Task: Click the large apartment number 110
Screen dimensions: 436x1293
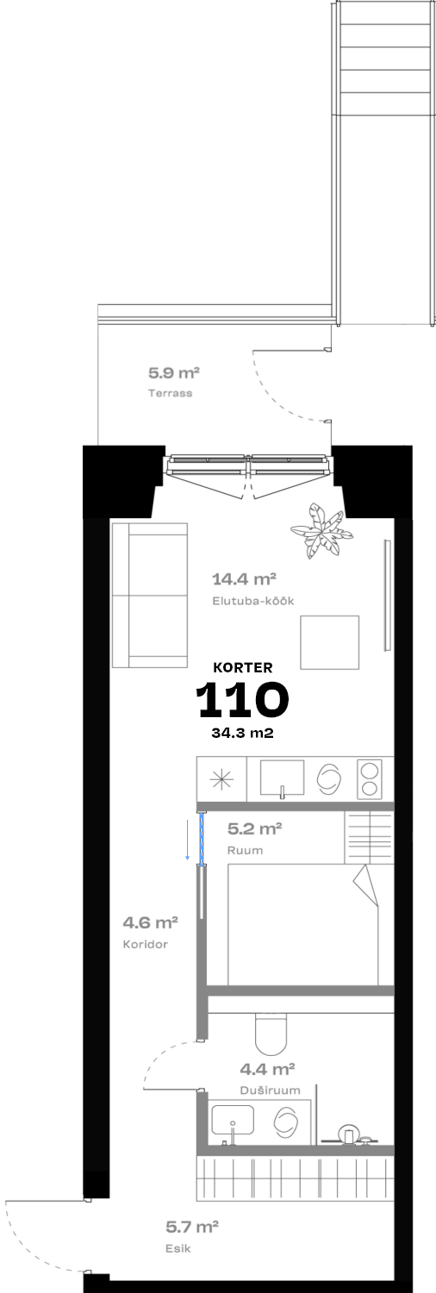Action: (x=242, y=699)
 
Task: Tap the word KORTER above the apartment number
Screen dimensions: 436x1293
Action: (x=243, y=667)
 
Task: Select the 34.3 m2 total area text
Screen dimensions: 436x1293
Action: (x=242, y=733)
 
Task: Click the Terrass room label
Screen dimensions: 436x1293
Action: (x=170, y=393)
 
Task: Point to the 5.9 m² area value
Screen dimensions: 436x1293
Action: (x=174, y=373)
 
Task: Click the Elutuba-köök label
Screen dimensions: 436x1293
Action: (x=253, y=601)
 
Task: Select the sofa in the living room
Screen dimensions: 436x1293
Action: (x=150, y=595)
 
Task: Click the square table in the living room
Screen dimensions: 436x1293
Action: (x=329, y=642)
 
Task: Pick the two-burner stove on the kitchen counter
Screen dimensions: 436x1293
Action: (x=370, y=779)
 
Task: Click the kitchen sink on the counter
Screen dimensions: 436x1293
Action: (x=282, y=778)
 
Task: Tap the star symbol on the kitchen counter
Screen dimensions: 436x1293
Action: (x=221, y=780)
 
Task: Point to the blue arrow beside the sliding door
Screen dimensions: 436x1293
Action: (x=188, y=838)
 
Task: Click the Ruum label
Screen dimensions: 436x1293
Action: (x=245, y=850)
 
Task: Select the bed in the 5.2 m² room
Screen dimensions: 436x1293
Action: (x=303, y=923)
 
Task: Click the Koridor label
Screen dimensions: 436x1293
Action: (x=146, y=945)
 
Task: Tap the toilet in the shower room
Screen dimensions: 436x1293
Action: (x=271, y=1034)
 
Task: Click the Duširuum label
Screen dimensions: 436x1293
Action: (x=270, y=1090)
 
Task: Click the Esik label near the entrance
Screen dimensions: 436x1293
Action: (x=178, y=1248)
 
